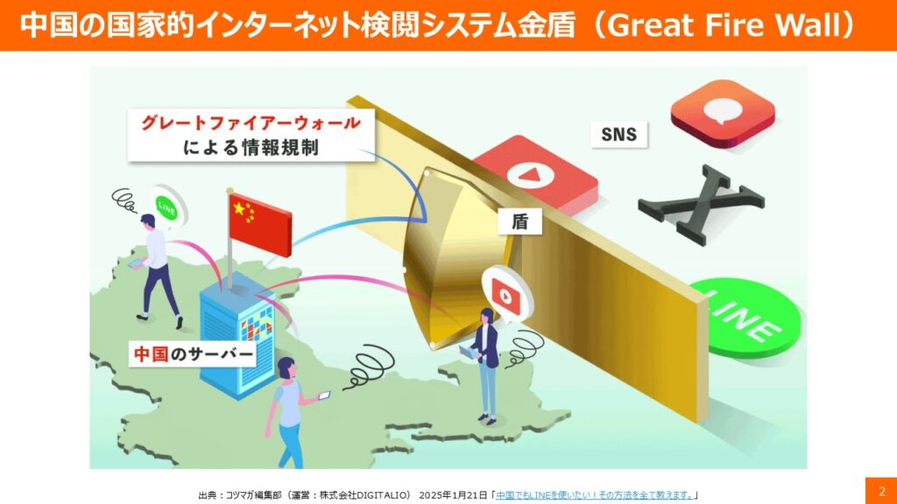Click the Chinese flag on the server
pyautogui.click(x=260, y=224)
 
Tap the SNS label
pyautogui.click(x=619, y=134)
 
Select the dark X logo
pyautogui.click(x=702, y=205)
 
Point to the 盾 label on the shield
pyautogui.click(x=519, y=220)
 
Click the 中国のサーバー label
pyautogui.click(x=193, y=354)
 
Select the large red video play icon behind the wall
pyautogui.click(x=535, y=174)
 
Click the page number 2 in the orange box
pyautogui.click(x=881, y=491)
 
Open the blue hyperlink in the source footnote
pyautogui.click(x=595, y=495)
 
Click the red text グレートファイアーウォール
pyautogui.click(x=251, y=122)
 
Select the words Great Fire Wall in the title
pyautogui.click(x=726, y=25)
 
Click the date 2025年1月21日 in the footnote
pyautogui.click(x=453, y=495)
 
